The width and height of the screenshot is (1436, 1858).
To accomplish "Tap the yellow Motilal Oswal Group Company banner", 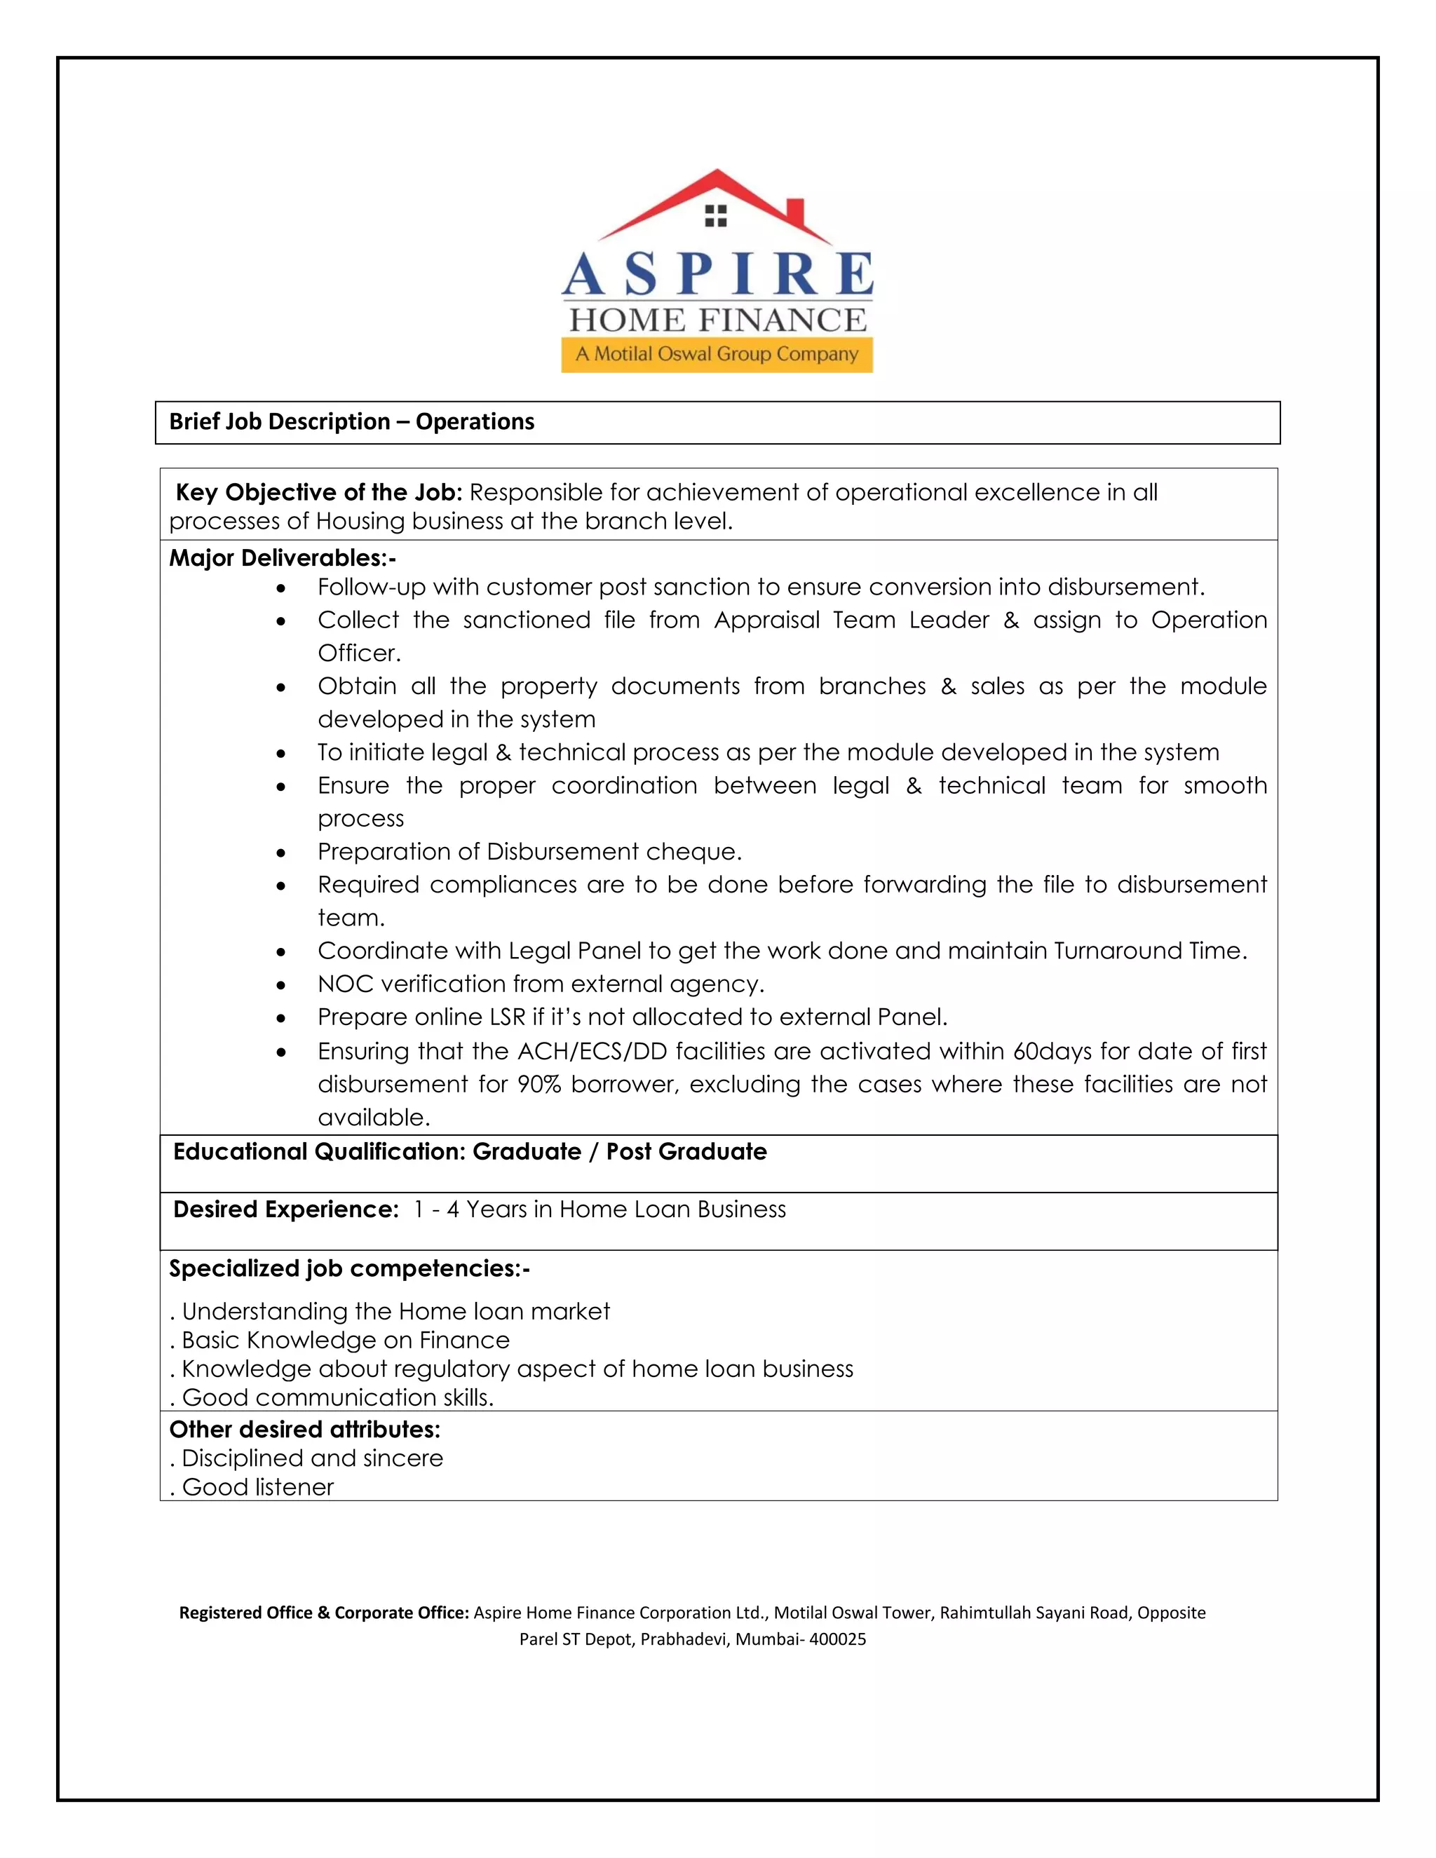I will pyautogui.click(x=717, y=354).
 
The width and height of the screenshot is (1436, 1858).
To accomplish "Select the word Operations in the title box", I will pyautogui.click(x=475, y=422).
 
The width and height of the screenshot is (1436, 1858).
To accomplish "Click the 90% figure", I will pyautogui.click(x=538, y=1085).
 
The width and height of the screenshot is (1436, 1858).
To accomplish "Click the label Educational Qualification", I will pyautogui.click(x=319, y=1152).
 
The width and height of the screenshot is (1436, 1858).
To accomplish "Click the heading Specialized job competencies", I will pyautogui.click(x=348, y=1268).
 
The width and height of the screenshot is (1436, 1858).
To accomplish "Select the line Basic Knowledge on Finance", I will pyautogui.click(x=344, y=1340).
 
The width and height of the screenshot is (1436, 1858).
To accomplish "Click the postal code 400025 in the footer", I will pyautogui.click(x=837, y=1639).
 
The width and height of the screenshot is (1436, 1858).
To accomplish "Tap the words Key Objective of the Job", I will pyautogui.click(x=318, y=493).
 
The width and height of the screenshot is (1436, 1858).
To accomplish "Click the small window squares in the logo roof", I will pyautogui.click(x=717, y=216).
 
